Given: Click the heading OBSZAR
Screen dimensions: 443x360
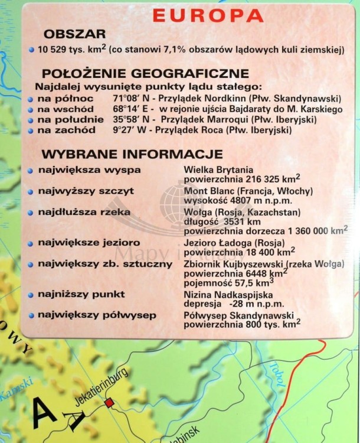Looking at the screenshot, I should (74, 34).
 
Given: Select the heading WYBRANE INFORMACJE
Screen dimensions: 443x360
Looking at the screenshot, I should (132, 154).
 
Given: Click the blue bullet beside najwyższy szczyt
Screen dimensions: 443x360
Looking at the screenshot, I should (31, 191).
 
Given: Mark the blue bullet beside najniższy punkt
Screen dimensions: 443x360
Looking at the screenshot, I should (31, 294).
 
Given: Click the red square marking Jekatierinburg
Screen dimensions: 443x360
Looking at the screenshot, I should (109, 403).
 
